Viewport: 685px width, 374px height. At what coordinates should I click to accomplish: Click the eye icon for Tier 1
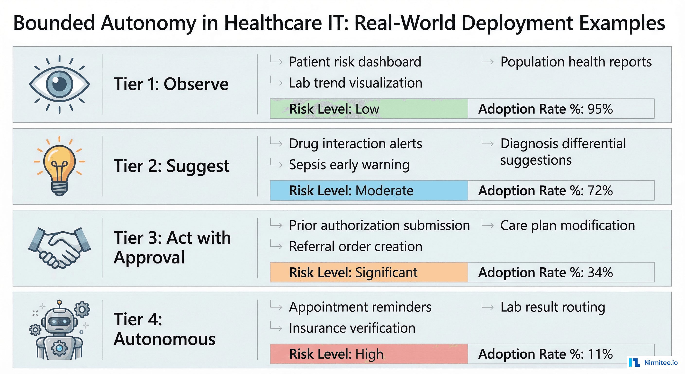pyautogui.click(x=59, y=84)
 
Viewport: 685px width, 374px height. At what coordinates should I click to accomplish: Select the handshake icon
pyautogui.click(x=59, y=248)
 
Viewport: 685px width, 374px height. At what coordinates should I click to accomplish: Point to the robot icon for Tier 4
pyautogui.click(x=59, y=330)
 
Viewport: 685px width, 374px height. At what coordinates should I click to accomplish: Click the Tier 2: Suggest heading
pyautogui.click(x=171, y=166)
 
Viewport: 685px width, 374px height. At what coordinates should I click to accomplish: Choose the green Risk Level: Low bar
pyautogui.click(x=369, y=109)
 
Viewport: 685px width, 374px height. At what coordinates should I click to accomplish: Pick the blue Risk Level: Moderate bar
pyautogui.click(x=369, y=191)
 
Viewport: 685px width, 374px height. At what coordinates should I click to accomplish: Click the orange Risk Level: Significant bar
pyautogui.click(x=369, y=272)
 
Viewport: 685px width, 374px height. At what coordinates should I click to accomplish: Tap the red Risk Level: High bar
pyautogui.click(x=369, y=354)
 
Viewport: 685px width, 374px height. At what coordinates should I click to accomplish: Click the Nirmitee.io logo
pyautogui.click(x=653, y=362)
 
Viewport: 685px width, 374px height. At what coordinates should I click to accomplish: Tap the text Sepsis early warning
pyautogui.click(x=349, y=165)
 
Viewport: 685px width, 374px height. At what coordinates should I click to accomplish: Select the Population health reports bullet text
pyautogui.click(x=576, y=62)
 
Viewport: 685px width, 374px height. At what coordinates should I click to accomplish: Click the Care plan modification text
pyautogui.click(x=568, y=225)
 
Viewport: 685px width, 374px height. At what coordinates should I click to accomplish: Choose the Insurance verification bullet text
pyautogui.click(x=352, y=328)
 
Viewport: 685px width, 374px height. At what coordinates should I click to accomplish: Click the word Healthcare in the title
pyautogui.click(x=273, y=23)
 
